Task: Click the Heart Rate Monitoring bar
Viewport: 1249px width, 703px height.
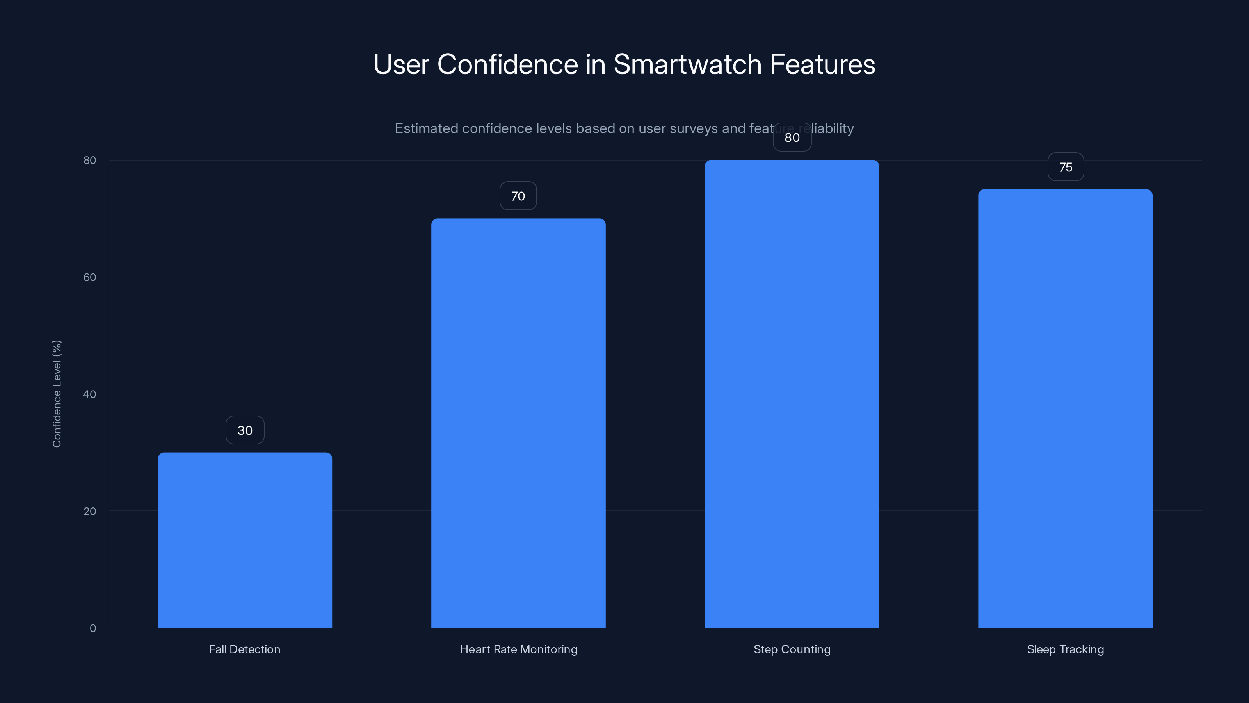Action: pos(518,423)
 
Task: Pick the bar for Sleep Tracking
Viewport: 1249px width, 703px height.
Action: pos(1065,408)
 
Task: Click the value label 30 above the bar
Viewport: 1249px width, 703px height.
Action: pos(245,430)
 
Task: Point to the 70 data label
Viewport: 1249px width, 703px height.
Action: pos(518,196)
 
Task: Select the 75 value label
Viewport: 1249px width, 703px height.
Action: pos(1066,168)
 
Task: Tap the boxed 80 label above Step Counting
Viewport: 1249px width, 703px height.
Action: pos(792,138)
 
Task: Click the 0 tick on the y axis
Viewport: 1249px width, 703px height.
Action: pos(93,628)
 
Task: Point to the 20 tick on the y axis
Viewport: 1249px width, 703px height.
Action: pos(90,511)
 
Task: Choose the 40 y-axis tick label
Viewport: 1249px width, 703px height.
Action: pos(90,394)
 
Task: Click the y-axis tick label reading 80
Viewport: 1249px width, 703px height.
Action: pos(90,161)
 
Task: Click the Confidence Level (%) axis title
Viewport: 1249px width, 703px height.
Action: pos(57,393)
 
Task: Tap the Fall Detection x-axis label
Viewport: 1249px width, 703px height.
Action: pos(245,649)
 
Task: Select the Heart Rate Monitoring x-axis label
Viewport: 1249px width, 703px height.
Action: pos(518,649)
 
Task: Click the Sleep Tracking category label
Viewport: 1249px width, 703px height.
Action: pos(1065,649)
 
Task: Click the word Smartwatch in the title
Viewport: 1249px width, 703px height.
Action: pos(687,64)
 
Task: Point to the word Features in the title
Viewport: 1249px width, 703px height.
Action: pos(822,64)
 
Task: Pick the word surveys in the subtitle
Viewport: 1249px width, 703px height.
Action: pos(693,128)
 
